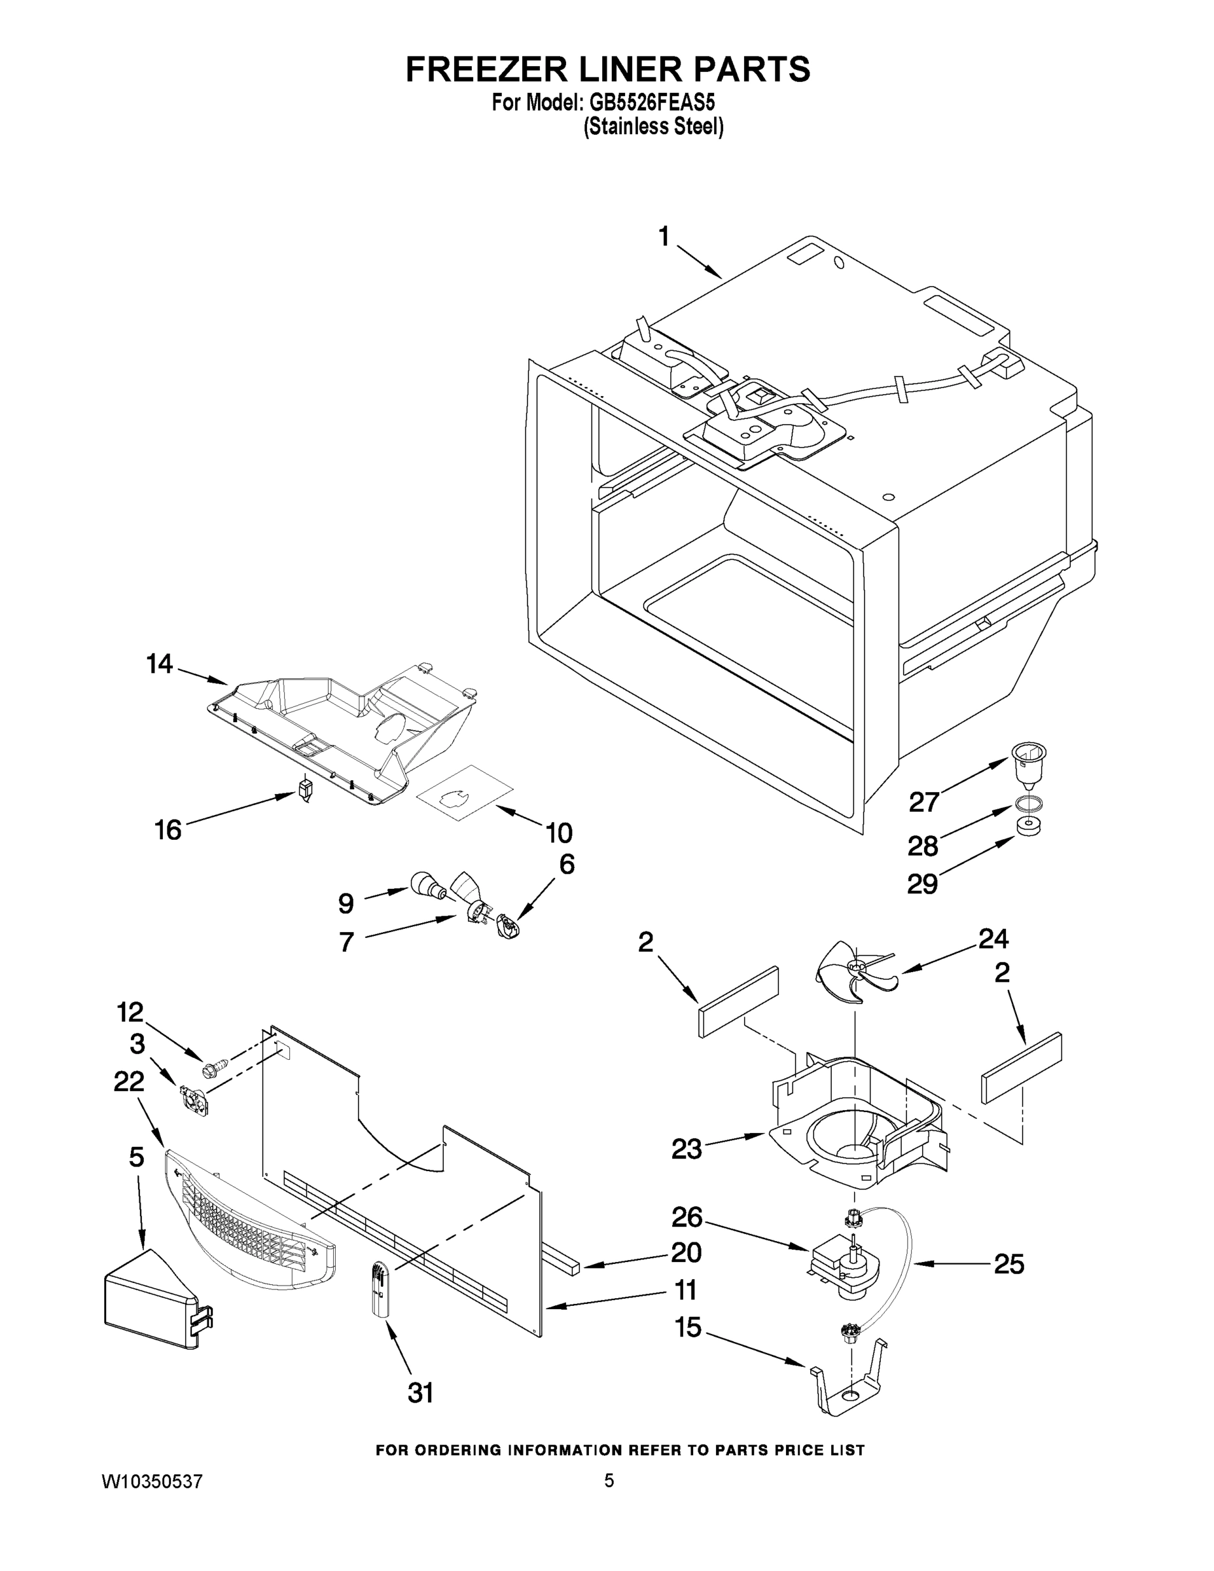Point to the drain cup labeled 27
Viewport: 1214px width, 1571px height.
pyautogui.click(x=1027, y=766)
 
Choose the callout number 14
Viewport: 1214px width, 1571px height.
pyautogui.click(x=160, y=664)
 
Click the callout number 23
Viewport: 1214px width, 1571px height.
pyautogui.click(x=686, y=1149)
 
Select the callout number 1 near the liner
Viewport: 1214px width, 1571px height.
pyautogui.click(x=664, y=237)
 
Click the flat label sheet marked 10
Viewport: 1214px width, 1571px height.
pyautogui.click(x=465, y=793)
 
